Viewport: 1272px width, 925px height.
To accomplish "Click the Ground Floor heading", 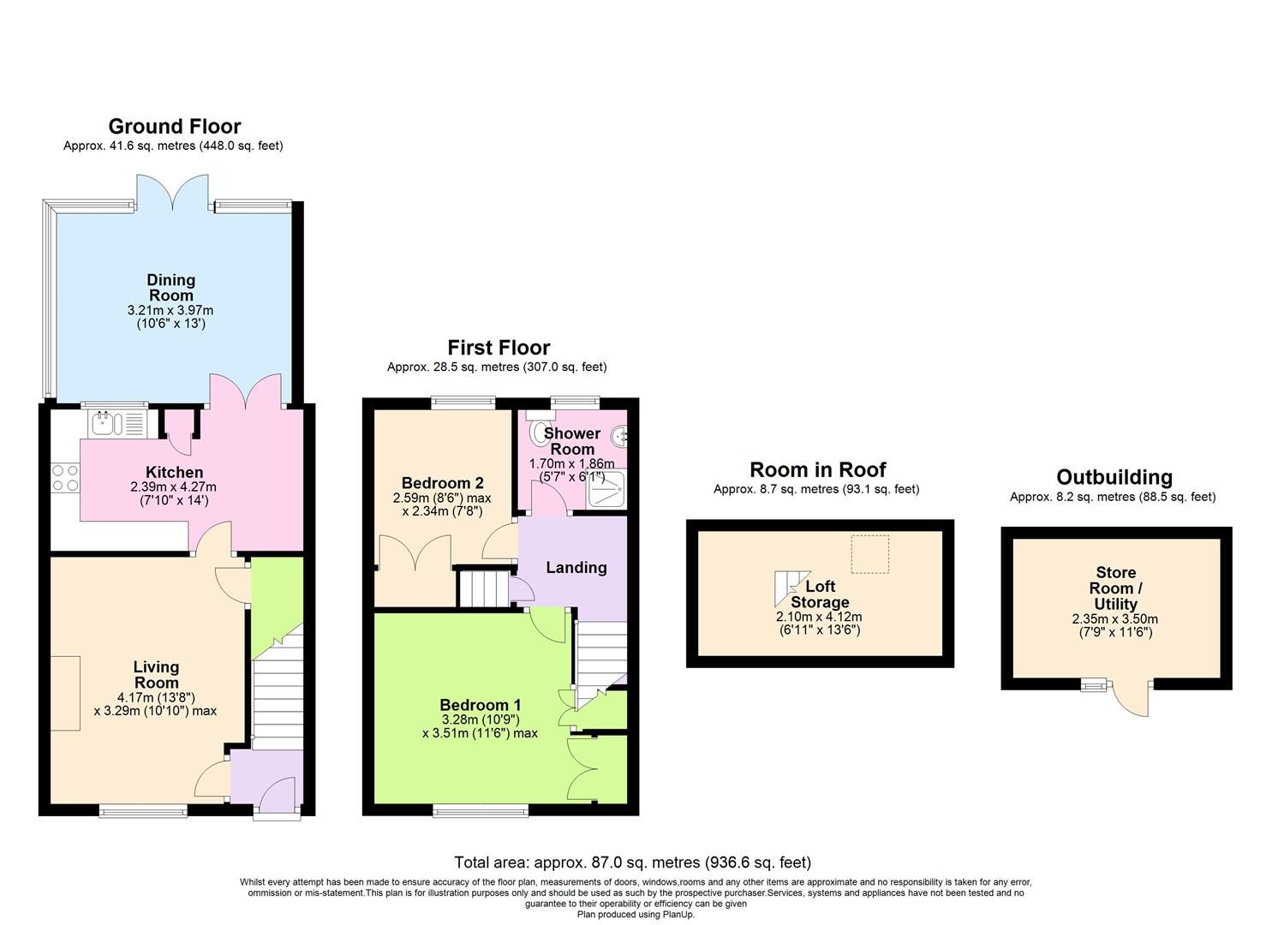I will point(174,127).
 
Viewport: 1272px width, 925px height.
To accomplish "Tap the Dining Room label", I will point(170,288).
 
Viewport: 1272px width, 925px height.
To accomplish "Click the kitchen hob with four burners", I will point(64,477).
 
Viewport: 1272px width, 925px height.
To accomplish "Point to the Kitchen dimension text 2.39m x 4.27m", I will point(174,487).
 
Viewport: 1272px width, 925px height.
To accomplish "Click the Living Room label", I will point(156,674).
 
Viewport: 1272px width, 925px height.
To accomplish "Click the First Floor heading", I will point(499,348).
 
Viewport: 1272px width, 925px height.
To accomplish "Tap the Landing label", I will point(576,567).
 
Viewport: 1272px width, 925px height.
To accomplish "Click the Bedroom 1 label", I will point(481,706).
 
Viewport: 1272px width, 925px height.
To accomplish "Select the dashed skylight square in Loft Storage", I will point(869,554).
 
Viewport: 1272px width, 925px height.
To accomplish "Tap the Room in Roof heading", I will point(817,469).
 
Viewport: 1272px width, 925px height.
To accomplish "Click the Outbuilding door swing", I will point(1132,698).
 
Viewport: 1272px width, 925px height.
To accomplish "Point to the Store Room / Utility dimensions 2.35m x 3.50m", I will point(1114,619).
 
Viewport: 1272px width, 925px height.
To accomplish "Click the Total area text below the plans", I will point(632,862).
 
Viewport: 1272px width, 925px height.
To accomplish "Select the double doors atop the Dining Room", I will point(174,193).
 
